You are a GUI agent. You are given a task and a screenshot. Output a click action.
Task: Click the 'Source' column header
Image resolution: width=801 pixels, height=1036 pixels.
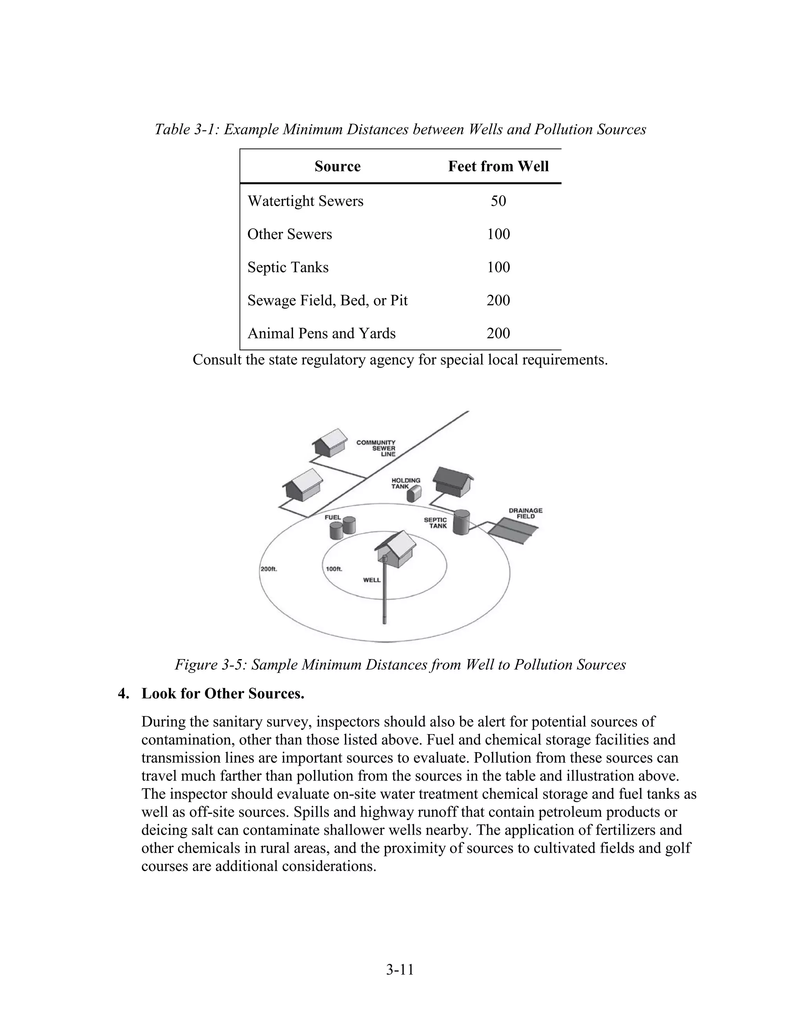(x=338, y=167)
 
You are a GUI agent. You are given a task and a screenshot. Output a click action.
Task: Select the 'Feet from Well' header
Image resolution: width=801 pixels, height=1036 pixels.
(x=498, y=167)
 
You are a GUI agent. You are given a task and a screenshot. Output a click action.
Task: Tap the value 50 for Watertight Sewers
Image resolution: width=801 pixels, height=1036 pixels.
(x=498, y=201)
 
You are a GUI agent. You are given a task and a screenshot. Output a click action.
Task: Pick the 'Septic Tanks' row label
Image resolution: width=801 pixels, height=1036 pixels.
(x=288, y=267)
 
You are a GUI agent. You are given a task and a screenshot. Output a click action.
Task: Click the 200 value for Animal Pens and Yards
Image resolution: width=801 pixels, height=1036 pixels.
(x=498, y=333)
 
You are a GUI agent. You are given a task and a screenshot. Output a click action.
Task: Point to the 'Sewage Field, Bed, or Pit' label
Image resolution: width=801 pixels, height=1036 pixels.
(x=327, y=301)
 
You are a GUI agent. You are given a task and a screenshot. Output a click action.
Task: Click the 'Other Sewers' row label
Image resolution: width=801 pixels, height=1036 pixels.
(x=289, y=234)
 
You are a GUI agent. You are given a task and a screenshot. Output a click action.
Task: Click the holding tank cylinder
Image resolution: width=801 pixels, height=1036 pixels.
(x=414, y=494)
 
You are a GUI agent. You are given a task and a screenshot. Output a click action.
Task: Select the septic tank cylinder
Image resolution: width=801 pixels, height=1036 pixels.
(x=461, y=522)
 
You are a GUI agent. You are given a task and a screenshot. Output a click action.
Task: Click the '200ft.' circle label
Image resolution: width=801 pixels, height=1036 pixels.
(x=269, y=569)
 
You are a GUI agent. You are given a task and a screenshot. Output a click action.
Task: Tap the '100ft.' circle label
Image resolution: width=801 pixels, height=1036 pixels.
(x=334, y=569)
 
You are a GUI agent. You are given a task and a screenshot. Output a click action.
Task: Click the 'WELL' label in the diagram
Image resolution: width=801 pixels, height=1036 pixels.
(x=372, y=580)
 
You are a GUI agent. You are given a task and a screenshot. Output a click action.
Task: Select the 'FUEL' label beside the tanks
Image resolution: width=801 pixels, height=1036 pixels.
(x=332, y=518)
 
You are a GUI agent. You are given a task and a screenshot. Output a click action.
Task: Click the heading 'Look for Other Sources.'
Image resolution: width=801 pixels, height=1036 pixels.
(x=223, y=694)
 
